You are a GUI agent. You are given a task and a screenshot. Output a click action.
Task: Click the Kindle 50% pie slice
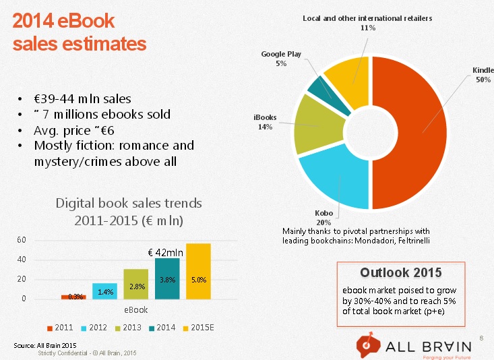click(411, 135)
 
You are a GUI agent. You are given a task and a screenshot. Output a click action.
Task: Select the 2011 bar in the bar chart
click(74, 297)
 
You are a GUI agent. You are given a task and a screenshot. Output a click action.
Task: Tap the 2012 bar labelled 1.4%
click(105, 291)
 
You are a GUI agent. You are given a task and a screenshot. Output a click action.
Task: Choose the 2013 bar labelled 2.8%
click(137, 284)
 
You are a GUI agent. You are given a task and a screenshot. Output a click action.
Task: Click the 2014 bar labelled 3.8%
click(167, 278)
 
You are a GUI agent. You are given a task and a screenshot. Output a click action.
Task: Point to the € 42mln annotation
click(164, 252)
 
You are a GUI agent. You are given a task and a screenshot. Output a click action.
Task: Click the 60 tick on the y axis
click(22, 241)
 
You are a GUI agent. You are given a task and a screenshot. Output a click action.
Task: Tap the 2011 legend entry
click(61, 328)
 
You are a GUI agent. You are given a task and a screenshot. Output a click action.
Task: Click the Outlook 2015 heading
click(400, 272)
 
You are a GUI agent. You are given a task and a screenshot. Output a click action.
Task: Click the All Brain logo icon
click(367, 344)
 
